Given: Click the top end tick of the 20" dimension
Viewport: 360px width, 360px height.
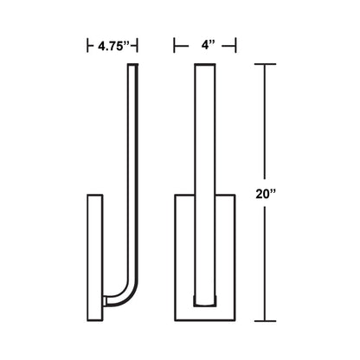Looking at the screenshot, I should (267, 66).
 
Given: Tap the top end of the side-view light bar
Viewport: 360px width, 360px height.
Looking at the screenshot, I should (132, 69).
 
